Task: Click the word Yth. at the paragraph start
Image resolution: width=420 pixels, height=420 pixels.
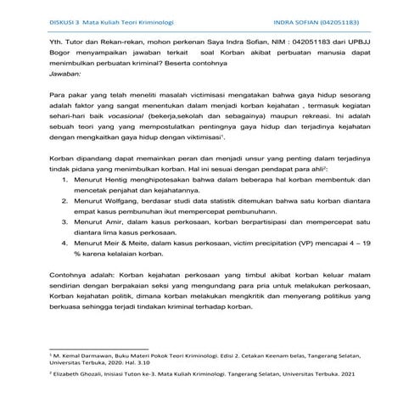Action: pyautogui.click(x=56, y=39)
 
